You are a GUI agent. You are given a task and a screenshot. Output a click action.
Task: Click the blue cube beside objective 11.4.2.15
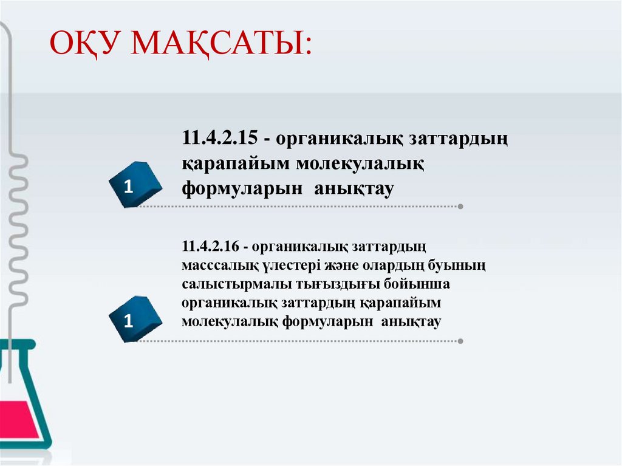[135, 184]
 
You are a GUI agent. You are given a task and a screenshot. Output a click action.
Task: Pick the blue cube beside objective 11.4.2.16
[135, 319]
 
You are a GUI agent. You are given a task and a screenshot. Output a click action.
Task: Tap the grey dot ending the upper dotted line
[460, 207]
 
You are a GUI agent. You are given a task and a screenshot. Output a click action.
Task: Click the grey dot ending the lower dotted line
[460, 341]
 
